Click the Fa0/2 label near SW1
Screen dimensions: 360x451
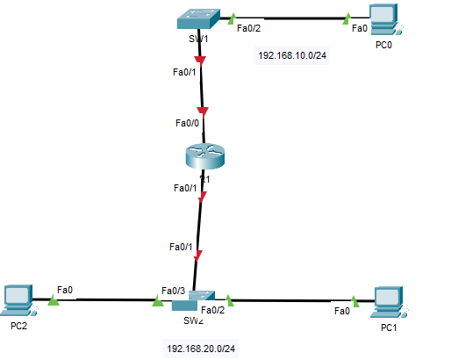[248, 27]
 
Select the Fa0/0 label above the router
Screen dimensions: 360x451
[187, 123]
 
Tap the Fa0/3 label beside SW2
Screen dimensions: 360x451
[173, 291]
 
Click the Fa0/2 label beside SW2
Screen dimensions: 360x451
[213, 309]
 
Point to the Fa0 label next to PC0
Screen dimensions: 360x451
[360, 28]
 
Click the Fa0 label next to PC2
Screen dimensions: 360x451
[65, 289]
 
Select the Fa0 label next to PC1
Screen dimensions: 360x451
[342, 311]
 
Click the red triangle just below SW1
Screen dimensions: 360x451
[200, 61]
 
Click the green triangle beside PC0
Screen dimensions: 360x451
[347, 16]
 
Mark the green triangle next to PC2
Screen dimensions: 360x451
[53, 300]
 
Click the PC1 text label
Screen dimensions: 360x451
[389, 328]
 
